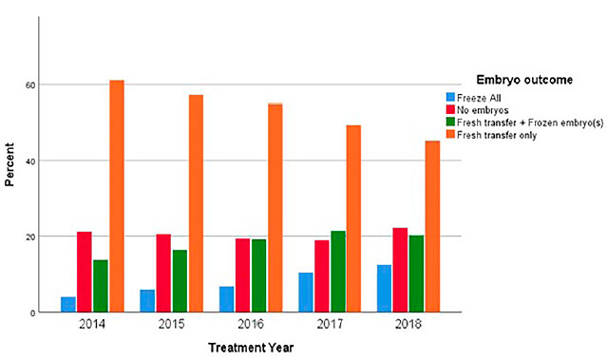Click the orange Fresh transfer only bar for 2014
(x=117, y=196)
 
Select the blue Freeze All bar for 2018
(x=384, y=289)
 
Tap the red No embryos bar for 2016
(x=243, y=275)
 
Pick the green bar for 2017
(x=338, y=272)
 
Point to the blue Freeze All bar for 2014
(x=68, y=304)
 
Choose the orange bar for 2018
(x=432, y=226)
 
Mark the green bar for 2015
(x=180, y=281)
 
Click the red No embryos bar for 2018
(x=400, y=270)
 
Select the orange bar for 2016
(x=275, y=208)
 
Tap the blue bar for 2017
(x=306, y=293)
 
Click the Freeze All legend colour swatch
(x=450, y=97)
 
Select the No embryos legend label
(x=483, y=110)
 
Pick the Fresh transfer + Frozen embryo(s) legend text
(x=530, y=123)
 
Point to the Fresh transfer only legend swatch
(x=450, y=134)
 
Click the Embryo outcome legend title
(x=524, y=80)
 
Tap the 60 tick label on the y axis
(x=30, y=85)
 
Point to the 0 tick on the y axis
(x=32, y=313)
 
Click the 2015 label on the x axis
(x=172, y=324)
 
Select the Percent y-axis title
(x=9, y=164)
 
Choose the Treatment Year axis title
(x=251, y=348)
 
